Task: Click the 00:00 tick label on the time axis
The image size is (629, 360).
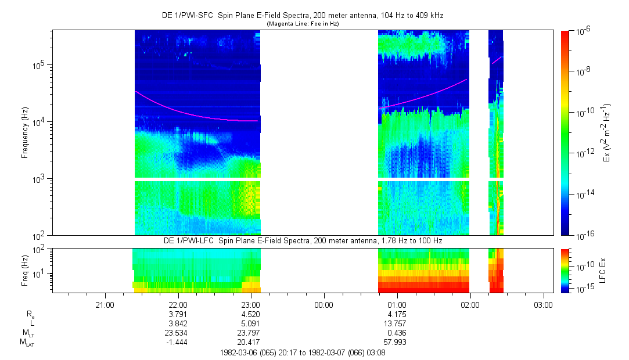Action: point(324,304)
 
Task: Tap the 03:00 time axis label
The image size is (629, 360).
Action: point(543,304)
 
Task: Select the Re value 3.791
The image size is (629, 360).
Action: point(178,314)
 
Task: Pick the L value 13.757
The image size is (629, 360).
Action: point(397,323)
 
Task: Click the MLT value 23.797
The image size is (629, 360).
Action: point(250,333)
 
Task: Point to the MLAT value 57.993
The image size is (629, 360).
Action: point(397,342)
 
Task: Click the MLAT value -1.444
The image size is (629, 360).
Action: point(178,342)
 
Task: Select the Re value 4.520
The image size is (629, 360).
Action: point(250,314)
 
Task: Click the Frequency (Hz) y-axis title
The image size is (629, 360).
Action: point(25,132)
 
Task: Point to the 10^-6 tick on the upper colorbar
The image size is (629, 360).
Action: point(583,31)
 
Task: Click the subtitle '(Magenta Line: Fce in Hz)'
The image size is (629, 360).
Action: point(302,24)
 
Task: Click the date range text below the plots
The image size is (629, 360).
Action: point(302,352)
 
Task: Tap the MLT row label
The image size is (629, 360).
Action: point(26,333)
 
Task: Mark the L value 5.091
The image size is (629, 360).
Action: point(250,323)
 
